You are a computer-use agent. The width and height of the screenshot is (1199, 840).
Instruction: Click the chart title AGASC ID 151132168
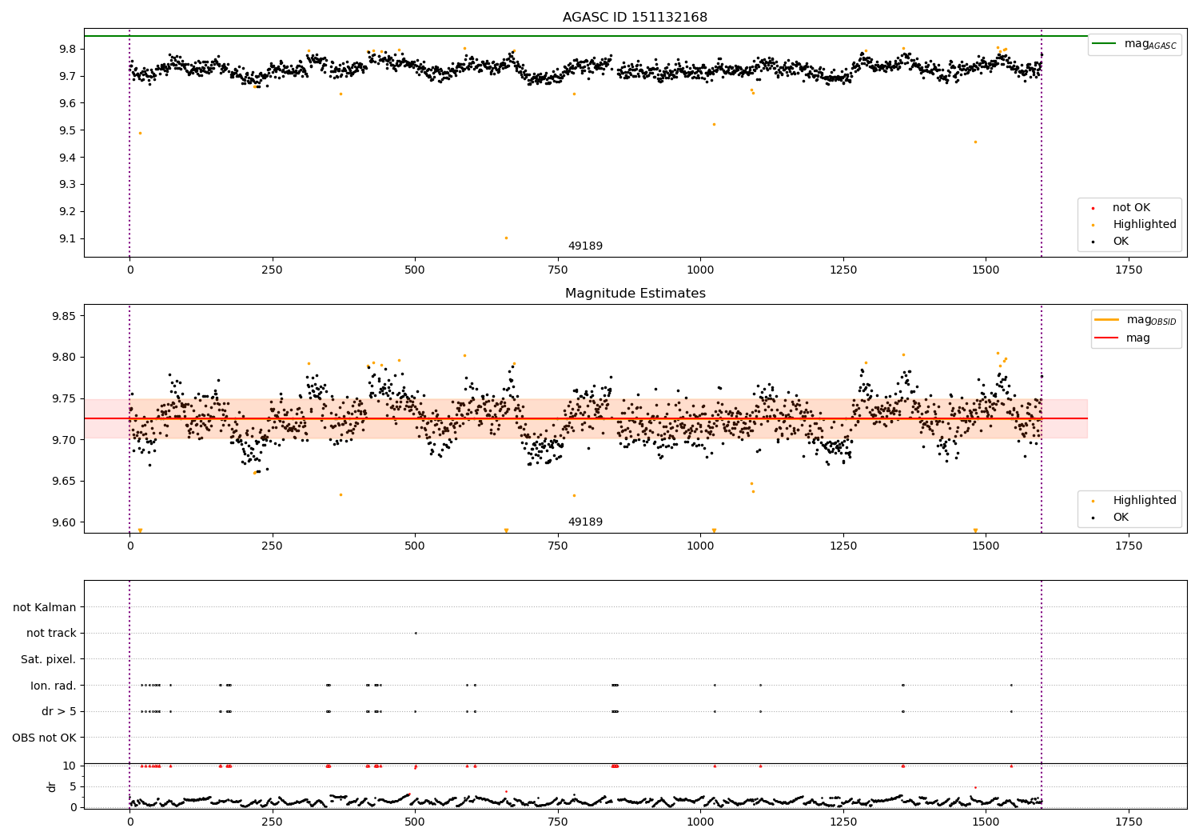pos(635,18)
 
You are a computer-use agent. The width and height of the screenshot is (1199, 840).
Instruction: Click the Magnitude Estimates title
pos(635,294)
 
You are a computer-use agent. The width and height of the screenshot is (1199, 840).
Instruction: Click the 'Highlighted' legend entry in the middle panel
pos(1144,501)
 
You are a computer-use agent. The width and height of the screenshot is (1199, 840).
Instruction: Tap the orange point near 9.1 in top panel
pos(506,238)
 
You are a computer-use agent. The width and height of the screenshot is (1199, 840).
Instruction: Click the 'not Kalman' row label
pos(45,607)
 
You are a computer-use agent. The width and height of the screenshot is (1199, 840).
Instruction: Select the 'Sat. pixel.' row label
pos(48,659)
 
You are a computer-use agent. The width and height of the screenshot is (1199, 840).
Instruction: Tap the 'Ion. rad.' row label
pos(53,686)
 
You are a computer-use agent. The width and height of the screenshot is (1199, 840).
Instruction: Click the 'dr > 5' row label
pos(58,711)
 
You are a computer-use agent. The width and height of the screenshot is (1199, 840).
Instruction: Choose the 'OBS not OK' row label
pos(44,738)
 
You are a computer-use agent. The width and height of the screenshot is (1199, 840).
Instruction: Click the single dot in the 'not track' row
pos(416,633)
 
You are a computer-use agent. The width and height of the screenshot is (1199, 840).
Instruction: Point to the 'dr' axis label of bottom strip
pos(52,786)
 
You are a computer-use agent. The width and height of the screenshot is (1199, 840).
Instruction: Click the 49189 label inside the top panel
pos(585,246)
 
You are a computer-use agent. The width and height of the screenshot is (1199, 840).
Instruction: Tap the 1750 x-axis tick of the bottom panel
pos(1128,822)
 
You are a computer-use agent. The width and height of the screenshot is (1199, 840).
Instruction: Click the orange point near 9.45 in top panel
pos(975,142)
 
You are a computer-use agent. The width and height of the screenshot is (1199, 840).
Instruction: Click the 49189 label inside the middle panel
pos(585,522)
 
